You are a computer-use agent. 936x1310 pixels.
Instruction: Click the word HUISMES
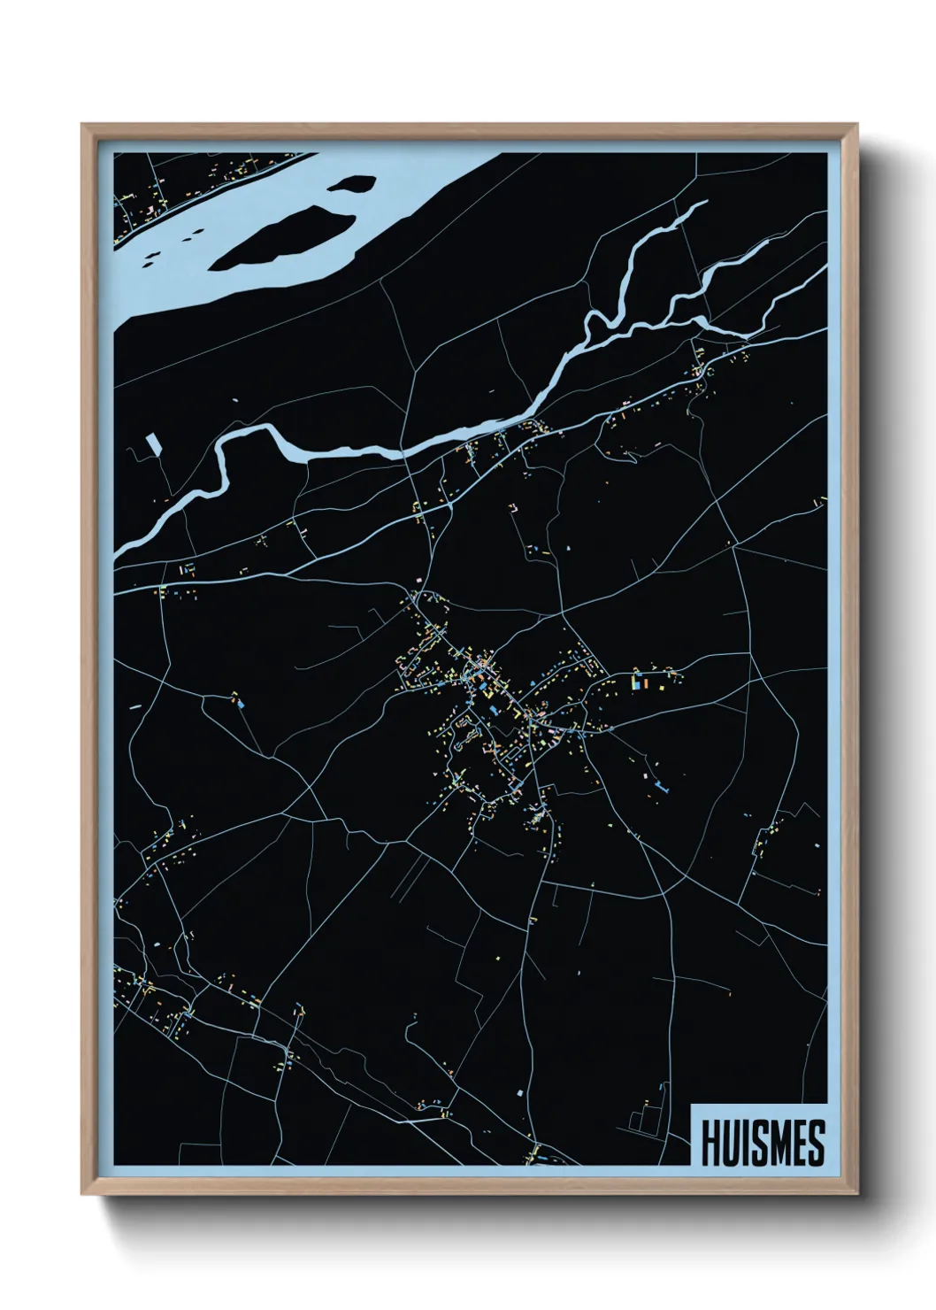pos(763,1143)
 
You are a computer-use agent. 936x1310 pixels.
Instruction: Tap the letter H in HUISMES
pos(710,1143)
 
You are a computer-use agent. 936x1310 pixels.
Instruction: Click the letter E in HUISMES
pos(801,1143)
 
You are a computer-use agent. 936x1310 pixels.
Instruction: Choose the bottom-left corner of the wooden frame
pos(84,1194)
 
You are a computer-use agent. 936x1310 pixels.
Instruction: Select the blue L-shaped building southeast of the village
pos(663,784)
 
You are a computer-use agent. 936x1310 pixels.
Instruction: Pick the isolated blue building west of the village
pos(242,705)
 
